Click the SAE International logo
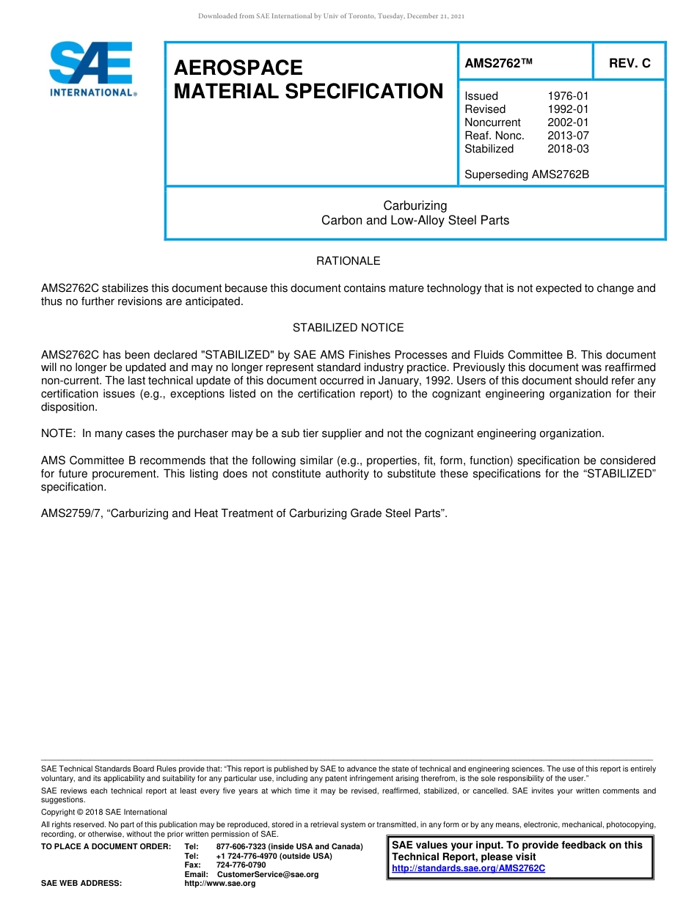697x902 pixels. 91,68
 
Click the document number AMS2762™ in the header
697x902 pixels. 497,63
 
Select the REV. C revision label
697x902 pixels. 630,63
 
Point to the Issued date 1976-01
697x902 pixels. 568,96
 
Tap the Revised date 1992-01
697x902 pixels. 568,109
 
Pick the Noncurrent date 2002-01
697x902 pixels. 568,122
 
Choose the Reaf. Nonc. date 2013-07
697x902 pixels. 568,136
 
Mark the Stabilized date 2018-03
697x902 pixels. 568,149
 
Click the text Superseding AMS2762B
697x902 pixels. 527,175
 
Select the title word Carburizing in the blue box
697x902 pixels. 415,205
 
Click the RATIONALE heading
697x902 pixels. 348,261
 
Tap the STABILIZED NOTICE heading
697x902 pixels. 348,328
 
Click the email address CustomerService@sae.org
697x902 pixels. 268,874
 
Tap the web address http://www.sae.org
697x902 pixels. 219,884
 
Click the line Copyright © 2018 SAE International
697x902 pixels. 104,812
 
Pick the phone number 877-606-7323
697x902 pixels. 241,847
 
